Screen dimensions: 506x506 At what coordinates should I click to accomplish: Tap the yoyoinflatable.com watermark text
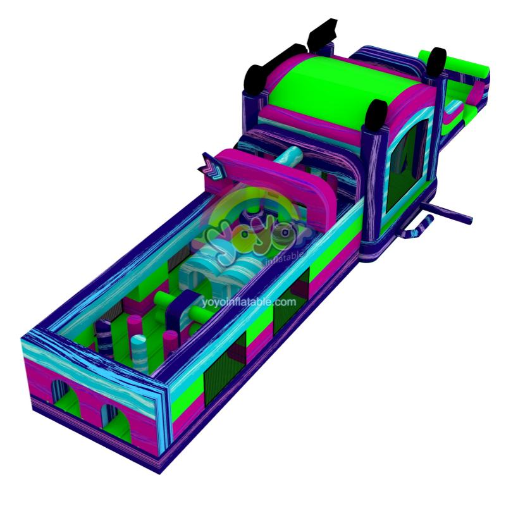pyautogui.click(x=249, y=302)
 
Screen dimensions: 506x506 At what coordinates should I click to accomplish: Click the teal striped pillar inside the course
pyautogui.click(x=140, y=354)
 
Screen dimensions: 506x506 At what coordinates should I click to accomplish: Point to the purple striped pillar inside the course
pyautogui.click(x=104, y=338)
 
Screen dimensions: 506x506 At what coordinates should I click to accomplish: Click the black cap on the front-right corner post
pyautogui.click(x=376, y=116)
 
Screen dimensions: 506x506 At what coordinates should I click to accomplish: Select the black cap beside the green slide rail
pyautogui.click(x=437, y=62)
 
